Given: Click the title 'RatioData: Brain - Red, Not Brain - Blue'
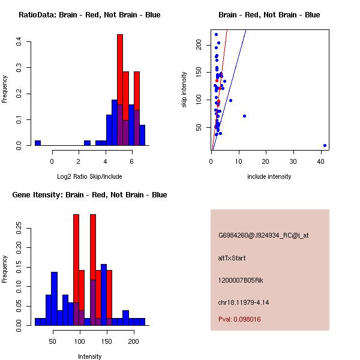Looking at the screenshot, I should [89, 15].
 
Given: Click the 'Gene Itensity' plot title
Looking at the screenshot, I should [89, 195].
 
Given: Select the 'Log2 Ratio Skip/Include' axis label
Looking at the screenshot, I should [89, 176].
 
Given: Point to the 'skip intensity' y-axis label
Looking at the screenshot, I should [184, 90].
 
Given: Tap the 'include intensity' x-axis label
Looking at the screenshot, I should [269, 176].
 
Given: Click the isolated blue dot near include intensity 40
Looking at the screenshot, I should [325, 145].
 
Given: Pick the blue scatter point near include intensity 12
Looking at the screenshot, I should [244, 116].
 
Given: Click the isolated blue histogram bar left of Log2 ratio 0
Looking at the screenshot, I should [38, 143].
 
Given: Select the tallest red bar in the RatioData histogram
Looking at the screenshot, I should [120, 90].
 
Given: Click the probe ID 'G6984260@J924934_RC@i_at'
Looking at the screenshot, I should [263, 236].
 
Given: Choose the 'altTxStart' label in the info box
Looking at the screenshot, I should [232, 258].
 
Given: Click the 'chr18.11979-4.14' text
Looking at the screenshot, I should [243, 302].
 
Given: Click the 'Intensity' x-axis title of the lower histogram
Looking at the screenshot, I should [89, 356].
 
